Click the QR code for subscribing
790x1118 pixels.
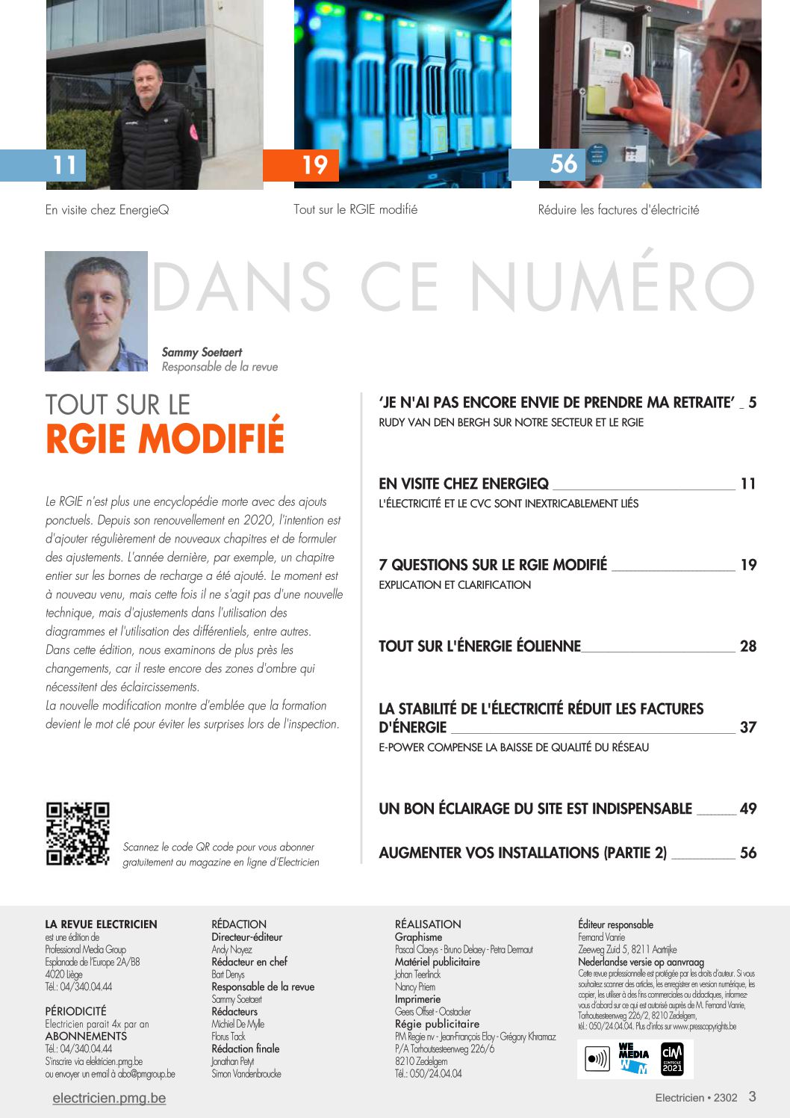(78, 834)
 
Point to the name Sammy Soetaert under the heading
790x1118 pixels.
(202, 352)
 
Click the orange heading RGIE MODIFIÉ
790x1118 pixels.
(165, 438)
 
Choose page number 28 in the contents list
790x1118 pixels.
(747, 646)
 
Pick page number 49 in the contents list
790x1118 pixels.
(747, 809)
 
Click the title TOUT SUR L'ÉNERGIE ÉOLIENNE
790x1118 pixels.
(479, 646)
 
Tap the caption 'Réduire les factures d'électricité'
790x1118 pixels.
(618, 210)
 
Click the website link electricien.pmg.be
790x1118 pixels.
(109, 1098)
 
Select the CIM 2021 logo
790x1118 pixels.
(672, 1059)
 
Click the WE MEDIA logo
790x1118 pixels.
(634, 1059)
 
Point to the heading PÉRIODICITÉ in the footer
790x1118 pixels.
(75, 1011)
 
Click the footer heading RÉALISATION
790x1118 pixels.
(428, 924)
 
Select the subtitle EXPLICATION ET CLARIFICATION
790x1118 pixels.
(455, 585)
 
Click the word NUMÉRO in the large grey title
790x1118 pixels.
(612, 287)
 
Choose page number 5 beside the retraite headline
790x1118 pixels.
(752, 403)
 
